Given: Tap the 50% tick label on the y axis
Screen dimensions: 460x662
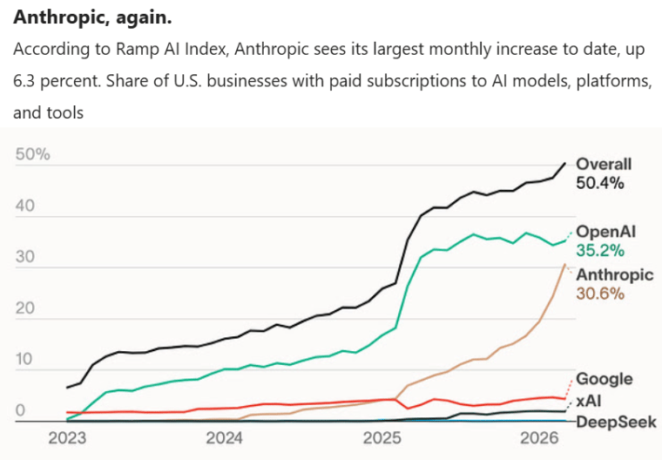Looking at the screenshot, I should [x=33, y=156].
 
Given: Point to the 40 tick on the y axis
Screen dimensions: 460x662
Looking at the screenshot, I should [x=25, y=206].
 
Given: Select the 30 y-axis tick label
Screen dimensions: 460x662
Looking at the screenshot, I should [x=25, y=258].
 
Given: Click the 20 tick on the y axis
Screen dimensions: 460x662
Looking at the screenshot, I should [x=25, y=308].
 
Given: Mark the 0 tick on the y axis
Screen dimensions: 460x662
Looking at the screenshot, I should [x=20, y=410].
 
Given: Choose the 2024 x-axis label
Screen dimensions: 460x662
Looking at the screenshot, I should [x=226, y=436].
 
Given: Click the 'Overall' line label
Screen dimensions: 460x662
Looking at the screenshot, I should [x=604, y=164].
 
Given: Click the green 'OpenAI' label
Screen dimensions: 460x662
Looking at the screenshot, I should [x=606, y=232].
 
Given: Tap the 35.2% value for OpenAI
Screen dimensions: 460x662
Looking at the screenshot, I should [x=600, y=251].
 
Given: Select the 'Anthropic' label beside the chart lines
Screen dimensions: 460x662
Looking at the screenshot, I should [x=614, y=274].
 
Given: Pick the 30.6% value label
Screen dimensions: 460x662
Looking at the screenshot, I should [x=600, y=294].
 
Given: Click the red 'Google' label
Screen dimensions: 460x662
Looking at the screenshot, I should [x=604, y=380].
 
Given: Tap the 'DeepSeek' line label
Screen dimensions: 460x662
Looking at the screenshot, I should [x=616, y=423].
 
